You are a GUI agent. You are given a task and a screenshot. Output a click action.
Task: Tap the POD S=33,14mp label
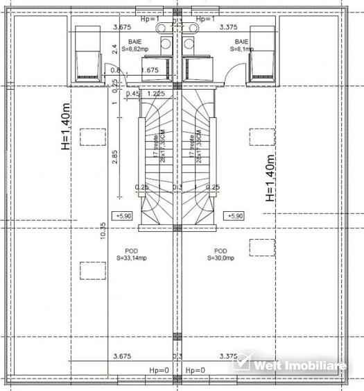[x=130, y=254]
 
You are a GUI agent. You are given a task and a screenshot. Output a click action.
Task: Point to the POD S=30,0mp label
[x=220, y=254]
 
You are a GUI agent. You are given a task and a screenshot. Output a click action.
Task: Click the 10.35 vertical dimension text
[x=102, y=231]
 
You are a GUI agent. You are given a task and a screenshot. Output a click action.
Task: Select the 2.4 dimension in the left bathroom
[x=115, y=50]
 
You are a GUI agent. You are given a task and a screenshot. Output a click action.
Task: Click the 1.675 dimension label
[x=150, y=70]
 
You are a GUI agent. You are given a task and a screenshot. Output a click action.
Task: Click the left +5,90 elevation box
[x=125, y=216]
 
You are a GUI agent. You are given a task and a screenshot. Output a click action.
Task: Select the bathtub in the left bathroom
[x=87, y=51]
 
